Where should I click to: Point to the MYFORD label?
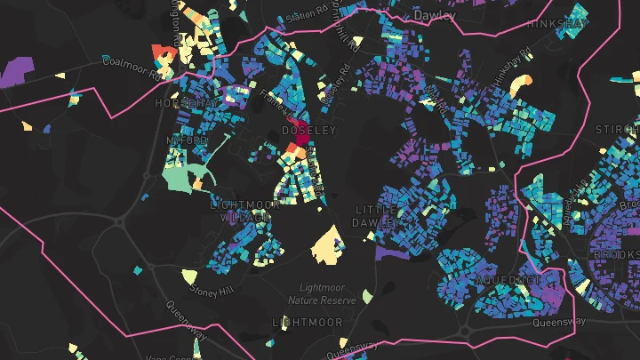(x=187, y=140)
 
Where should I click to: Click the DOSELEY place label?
(x=308, y=130)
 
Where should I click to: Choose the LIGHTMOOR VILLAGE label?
(x=244, y=210)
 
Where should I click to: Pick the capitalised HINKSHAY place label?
(x=556, y=24)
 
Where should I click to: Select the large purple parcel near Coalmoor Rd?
(x=18, y=69)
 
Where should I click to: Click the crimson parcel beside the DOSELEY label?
(x=296, y=131)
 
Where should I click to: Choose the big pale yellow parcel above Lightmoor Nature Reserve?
(x=327, y=244)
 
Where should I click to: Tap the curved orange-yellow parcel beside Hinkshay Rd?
(x=524, y=86)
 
